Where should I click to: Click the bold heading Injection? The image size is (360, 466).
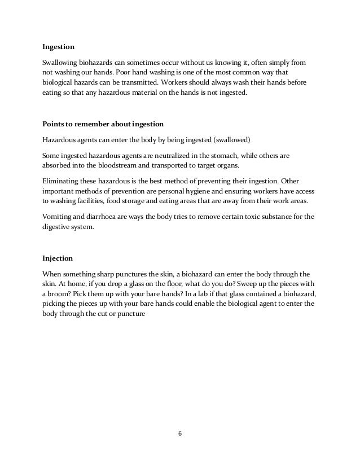[x=58, y=260]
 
